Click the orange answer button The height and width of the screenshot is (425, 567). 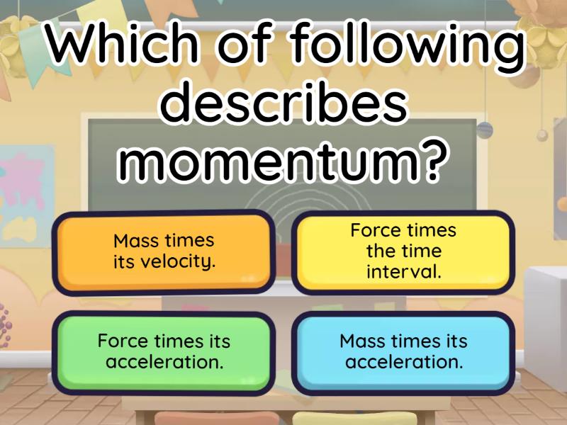pos(164,251)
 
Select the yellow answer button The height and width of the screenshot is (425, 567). pos(403,251)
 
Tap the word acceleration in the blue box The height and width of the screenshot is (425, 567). pos(404,362)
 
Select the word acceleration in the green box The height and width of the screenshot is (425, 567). pos(164,362)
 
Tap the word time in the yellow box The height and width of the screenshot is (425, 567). pos(425,251)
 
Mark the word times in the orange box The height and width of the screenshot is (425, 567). pos(190,241)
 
